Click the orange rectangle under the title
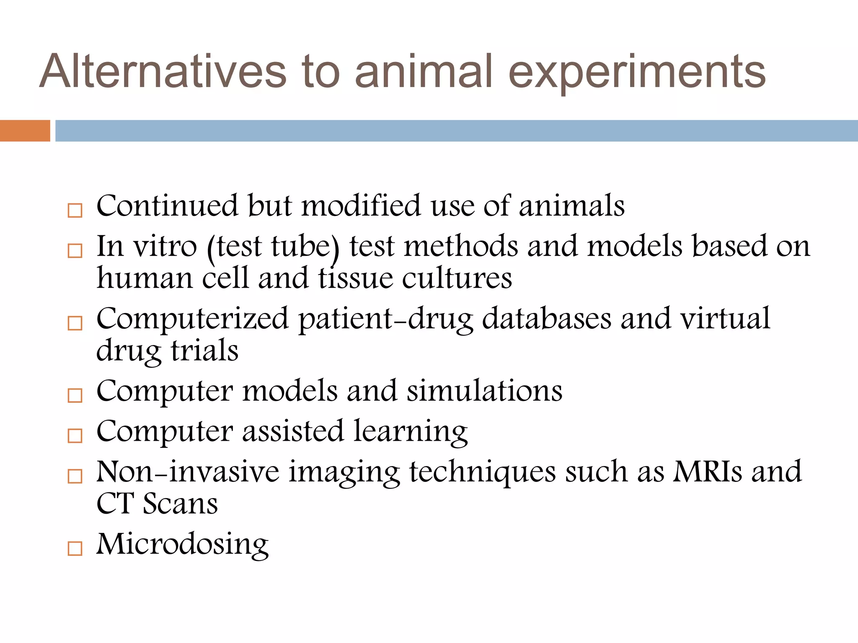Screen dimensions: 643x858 [x=25, y=131]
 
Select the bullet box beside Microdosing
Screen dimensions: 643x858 [x=75, y=548]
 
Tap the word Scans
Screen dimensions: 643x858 [x=180, y=504]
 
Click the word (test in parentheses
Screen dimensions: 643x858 [x=235, y=247]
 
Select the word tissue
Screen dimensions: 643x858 [x=356, y=278]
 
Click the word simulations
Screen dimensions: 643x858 [x=485, y=391]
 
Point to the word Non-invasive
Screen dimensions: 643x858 [x=188, y=471]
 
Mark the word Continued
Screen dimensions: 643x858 [x=167, y=206]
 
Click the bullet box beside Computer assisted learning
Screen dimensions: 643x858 [x=75, y=436]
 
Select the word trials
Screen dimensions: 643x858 [x=204, y=351]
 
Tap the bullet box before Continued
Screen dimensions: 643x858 [x=75, y=211]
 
